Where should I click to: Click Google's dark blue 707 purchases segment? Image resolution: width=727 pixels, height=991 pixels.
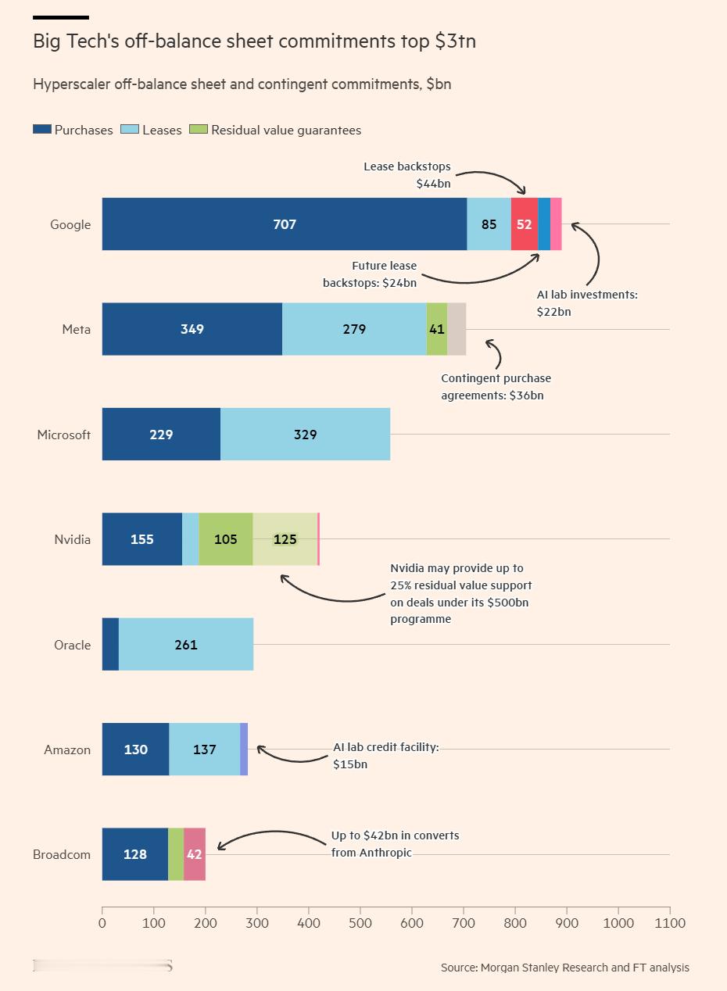tap(285, 224)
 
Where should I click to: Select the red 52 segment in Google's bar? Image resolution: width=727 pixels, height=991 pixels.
tap(525, 224)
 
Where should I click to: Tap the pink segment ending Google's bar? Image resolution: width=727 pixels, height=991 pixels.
tap(557, 224)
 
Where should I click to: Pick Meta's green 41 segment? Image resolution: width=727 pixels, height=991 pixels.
tap(437, 329)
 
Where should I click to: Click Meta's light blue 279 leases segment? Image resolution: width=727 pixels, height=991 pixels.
tap(354, 329)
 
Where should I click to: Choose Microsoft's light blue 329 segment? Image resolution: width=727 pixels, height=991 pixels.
tap(306, 434)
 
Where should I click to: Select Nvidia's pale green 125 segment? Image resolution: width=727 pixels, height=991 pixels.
tap(285, 538)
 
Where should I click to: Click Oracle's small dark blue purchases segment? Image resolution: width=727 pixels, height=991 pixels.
tap(111, 644)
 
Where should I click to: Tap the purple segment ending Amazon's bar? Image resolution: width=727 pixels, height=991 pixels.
tap(244, 749)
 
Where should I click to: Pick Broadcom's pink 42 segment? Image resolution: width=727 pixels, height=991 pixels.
tap(195, 854)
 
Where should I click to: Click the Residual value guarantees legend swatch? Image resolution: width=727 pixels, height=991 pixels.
tap(199, 129)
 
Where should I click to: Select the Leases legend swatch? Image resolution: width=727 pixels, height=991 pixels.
tap(130, 129)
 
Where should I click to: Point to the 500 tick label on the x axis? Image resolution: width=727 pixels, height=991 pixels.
tap(360, 923)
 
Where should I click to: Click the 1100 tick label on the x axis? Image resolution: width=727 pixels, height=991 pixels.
tap(669, 923)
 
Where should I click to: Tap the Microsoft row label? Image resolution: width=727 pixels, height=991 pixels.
tap(64, 435)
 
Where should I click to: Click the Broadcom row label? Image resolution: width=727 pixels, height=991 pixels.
tap(62, 854)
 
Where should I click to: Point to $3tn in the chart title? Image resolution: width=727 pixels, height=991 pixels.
tap(455, 41)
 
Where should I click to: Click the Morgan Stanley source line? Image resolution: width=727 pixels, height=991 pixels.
tap(565, 968)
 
